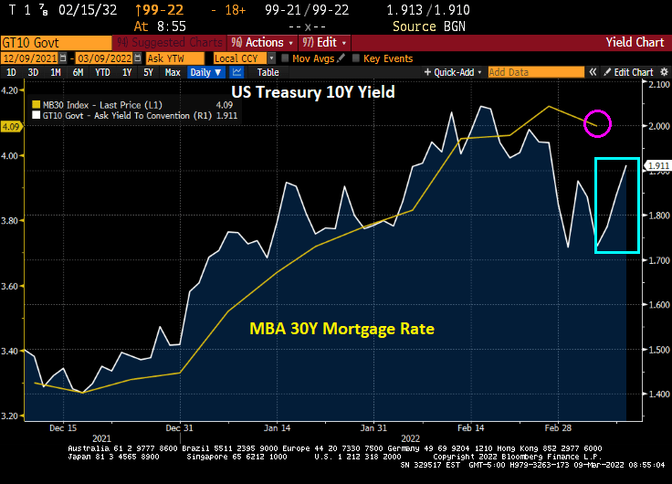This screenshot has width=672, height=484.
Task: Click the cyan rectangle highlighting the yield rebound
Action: [x=616, y=205]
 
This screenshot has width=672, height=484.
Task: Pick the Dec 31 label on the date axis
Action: [x=180, y=426]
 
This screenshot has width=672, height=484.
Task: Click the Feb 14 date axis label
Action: [x=471, y=426]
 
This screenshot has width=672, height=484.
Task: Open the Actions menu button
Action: [x=261, y=42]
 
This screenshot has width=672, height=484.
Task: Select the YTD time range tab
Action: [x=102, y=72]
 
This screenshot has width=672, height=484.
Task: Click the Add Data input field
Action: [x=520, y=72]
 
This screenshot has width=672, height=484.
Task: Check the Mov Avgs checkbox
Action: [x=285, y=58]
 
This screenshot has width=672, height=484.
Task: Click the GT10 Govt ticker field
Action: [x=55, y=42]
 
